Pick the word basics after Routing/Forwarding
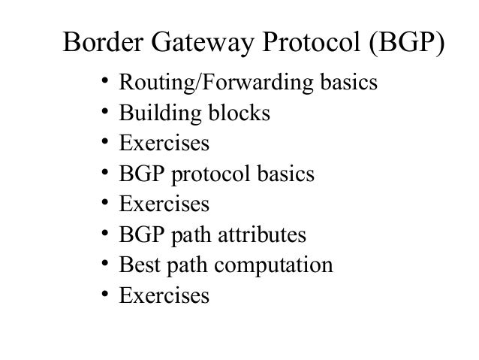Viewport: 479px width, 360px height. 348,83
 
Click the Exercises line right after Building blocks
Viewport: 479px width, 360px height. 164,144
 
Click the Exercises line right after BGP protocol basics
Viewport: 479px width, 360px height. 164,204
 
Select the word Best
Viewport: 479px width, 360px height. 136,265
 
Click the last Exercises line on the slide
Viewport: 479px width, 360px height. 164,295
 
